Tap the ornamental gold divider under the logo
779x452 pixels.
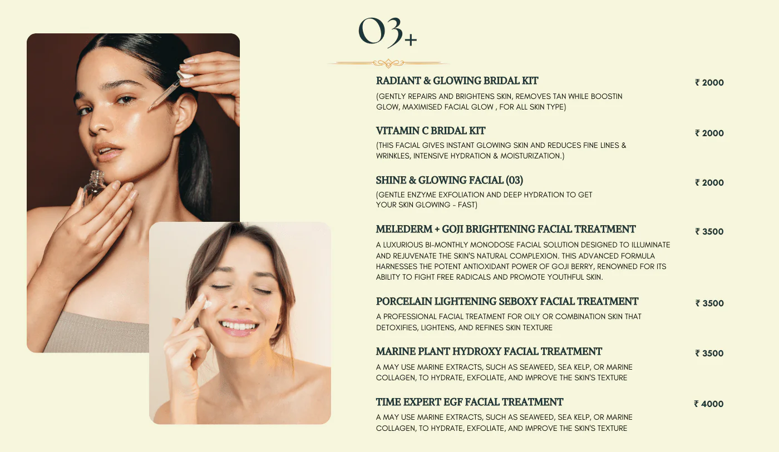[x=388, y=63]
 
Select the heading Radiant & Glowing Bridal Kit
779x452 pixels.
[x=457, y=81]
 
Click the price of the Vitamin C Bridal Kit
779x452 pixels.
[x=709, y=133]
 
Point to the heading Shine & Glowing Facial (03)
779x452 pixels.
[x=450, y=180]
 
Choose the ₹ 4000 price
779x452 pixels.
[x=709, y=404]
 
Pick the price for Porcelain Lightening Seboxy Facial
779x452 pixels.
[x=709, y=304]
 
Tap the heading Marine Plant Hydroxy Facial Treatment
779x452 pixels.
[x=489, y=351]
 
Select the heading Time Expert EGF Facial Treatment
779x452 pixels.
[x=470, y=402]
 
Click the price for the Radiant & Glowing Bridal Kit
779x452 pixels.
[x=709, y=83]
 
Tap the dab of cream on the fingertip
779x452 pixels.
[x=206, y=304]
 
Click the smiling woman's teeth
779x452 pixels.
[x=239, y=326]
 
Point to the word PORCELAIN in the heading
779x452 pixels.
[x=404, y=301]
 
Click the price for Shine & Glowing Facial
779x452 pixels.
[x=709, y=183]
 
